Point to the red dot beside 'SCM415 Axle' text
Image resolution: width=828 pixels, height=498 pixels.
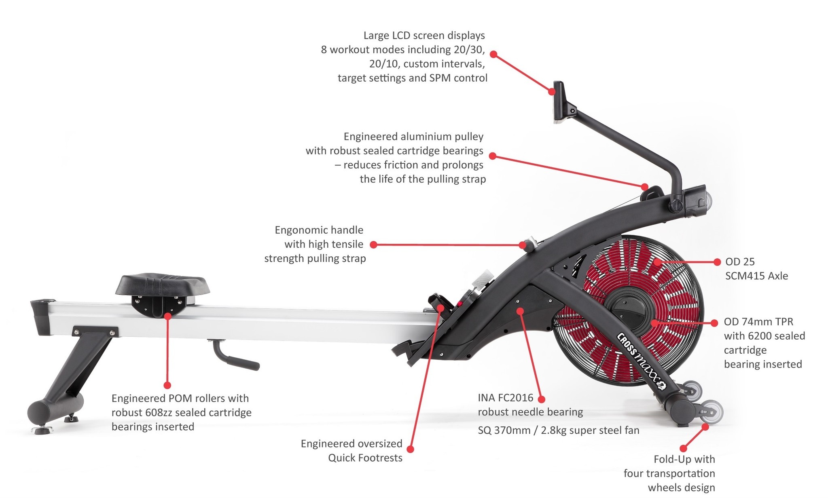click(x=717, y=262)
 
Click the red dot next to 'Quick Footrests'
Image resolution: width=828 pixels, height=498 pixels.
click(x=410, y=449)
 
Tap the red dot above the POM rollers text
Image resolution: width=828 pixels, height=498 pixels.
click(x=167, y=385)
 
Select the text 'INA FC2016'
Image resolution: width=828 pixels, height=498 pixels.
click(x=506, y=398)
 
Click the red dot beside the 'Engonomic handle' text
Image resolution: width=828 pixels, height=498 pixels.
click(x=374, y=245)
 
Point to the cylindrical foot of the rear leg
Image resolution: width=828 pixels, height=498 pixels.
click(x=56, y=407)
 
